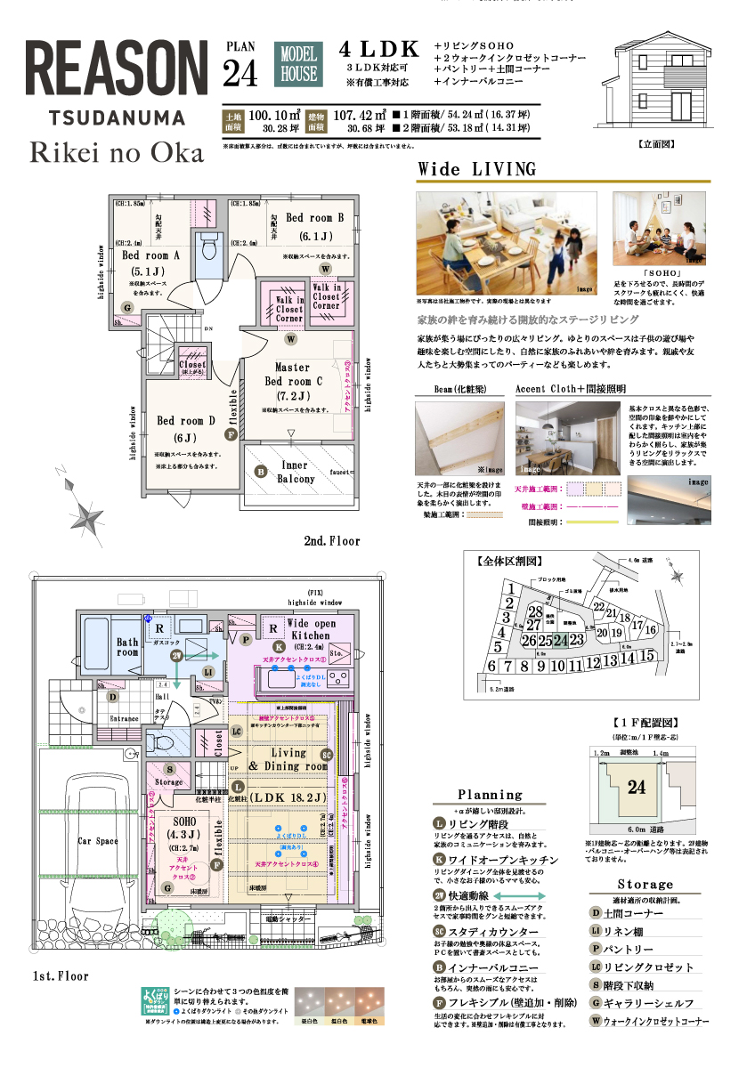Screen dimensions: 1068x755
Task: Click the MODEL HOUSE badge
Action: [x=299, y=65]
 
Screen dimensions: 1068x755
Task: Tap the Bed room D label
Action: [x=187, y=420]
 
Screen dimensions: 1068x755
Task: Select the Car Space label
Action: [x=97, y=840]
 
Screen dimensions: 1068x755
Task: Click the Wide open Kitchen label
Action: [x=311, y=629]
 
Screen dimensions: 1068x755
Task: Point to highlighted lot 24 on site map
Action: [x=560, y=640]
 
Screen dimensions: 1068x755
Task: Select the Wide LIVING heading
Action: [x=477, y=169]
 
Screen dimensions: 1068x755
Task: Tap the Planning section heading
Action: [x=490, y=795]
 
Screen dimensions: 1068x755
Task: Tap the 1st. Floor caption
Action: [x=60, y=975]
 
